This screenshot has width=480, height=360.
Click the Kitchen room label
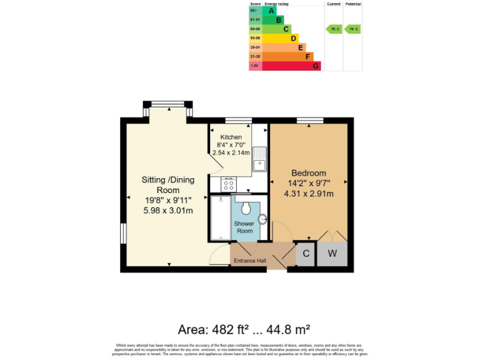pos(230,137)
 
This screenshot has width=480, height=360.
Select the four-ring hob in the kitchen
pos(229,184)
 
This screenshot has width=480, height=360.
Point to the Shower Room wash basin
pos(262,219)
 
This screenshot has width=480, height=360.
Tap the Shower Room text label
pos(244,227)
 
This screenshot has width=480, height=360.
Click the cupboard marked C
pos(306,254)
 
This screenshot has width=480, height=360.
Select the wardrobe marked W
pos(332,254)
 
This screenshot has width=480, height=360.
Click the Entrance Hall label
pos(249,261)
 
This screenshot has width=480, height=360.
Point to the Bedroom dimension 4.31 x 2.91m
pos(308,193)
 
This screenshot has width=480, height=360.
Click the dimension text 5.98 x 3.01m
pos(167,210)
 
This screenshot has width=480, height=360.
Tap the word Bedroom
pos(308,173)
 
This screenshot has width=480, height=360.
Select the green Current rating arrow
pos(334,29)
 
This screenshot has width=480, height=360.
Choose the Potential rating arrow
pos(353,29)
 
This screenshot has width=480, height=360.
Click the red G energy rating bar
pos(291,66)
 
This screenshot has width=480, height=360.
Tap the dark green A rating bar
pos(270,11)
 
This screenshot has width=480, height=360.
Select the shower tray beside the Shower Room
pos(220,218)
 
